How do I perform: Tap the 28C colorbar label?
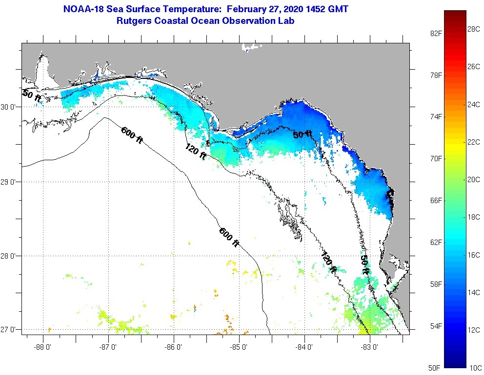pos(474,29)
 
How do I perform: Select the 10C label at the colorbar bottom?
pos(474,368)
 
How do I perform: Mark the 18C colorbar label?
pos(474,217)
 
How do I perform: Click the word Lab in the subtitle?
pos(286,21)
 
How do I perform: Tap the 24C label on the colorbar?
pos(474,104)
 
